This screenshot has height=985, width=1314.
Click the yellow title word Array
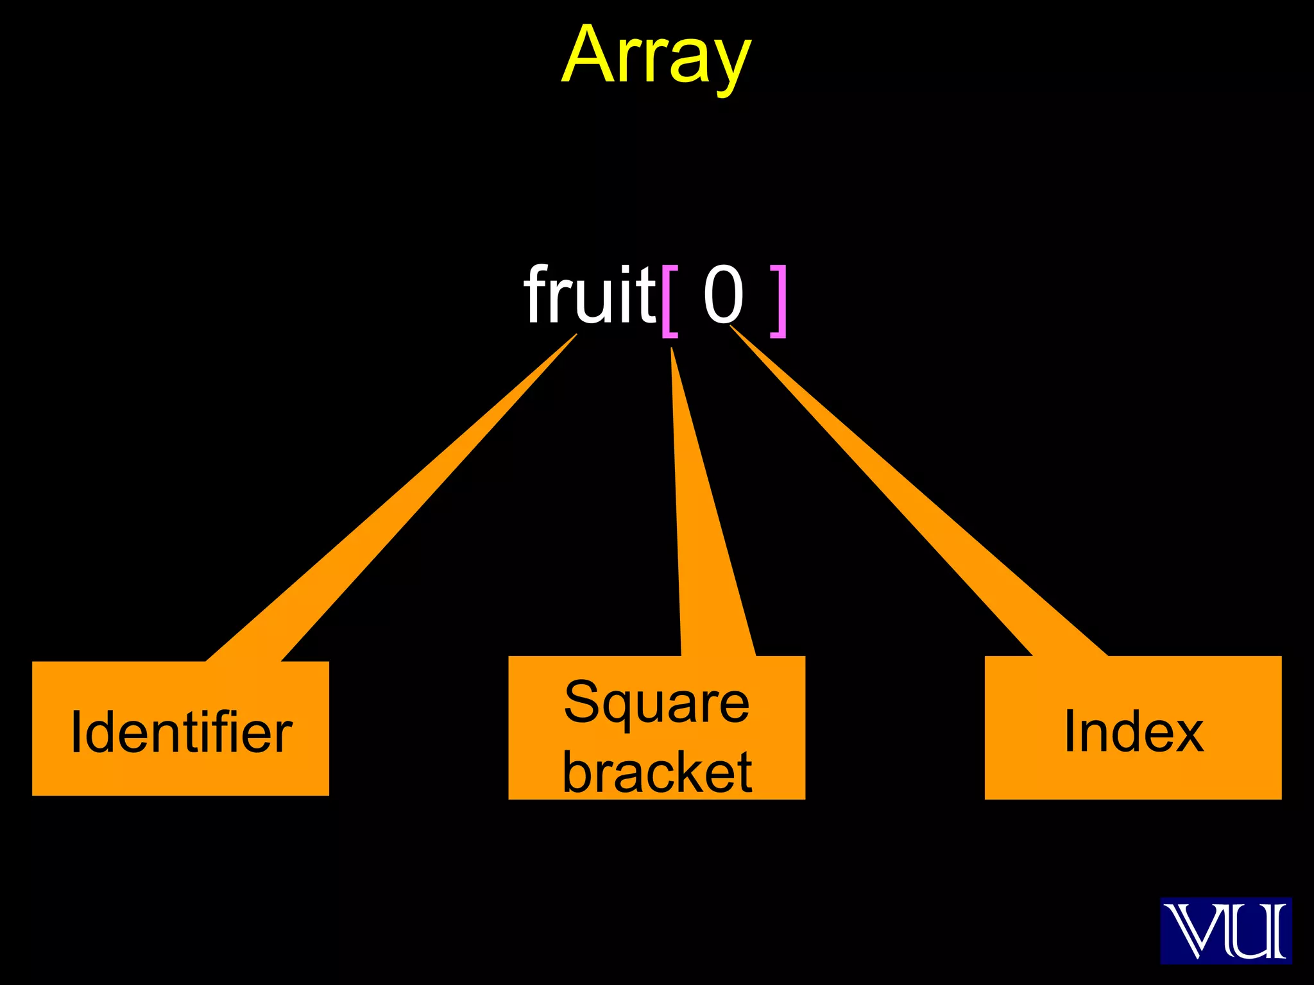tap(656, 56)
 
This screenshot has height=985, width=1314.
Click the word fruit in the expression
tap(589, 296)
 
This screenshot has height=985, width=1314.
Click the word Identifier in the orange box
tap(181, 732)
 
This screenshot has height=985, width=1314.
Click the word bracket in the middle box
tap(656, 772)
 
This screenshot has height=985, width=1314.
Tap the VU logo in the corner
tap(1225, 930)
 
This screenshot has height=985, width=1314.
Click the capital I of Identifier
tap(76, 732)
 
